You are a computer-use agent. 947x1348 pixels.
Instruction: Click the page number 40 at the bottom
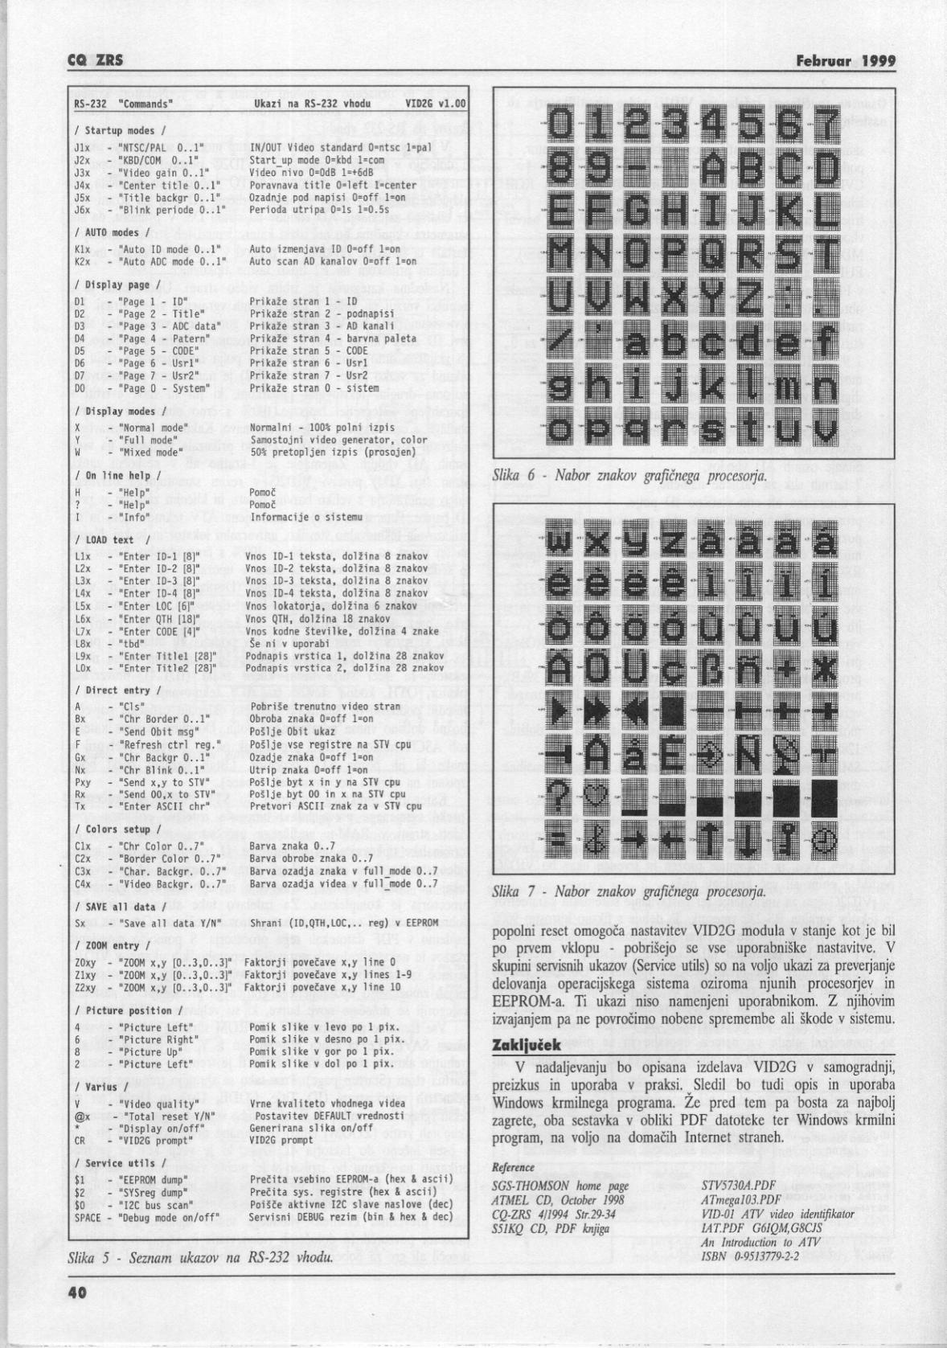[x=77, y=1293]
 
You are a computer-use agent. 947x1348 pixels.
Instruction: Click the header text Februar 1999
[x=845, y=61]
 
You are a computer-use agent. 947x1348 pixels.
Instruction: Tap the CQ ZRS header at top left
[x=90, y=61]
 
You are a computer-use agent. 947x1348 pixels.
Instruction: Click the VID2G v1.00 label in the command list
[x=435, y=104]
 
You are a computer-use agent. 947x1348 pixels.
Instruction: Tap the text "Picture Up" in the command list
[x=147, y=1051]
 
